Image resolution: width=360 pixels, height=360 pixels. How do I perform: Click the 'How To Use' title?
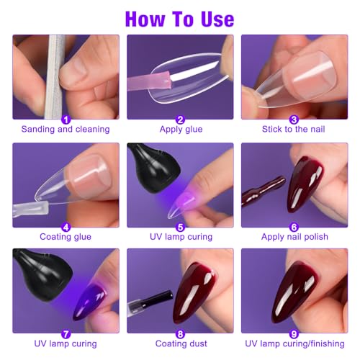[179, 17]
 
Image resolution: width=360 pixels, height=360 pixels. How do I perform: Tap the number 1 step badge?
[66, 120]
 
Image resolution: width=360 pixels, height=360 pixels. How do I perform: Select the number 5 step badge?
[180, 227]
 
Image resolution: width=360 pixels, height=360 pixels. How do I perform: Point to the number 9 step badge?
[294, 333]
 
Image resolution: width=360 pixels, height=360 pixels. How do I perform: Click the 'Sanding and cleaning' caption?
[66, 130]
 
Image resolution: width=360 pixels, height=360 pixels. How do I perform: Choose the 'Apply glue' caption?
[180, 130]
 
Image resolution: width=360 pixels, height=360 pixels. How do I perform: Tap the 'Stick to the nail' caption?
[294, 130]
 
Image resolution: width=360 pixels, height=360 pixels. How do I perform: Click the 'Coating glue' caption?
[66, 237]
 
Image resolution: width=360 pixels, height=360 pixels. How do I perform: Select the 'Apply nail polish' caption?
[294, 237]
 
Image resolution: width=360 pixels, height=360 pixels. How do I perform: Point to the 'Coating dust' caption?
[180, 343]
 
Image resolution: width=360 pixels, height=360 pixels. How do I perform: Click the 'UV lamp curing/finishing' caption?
[294, 343]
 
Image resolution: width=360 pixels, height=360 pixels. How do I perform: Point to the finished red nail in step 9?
[302, 292]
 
